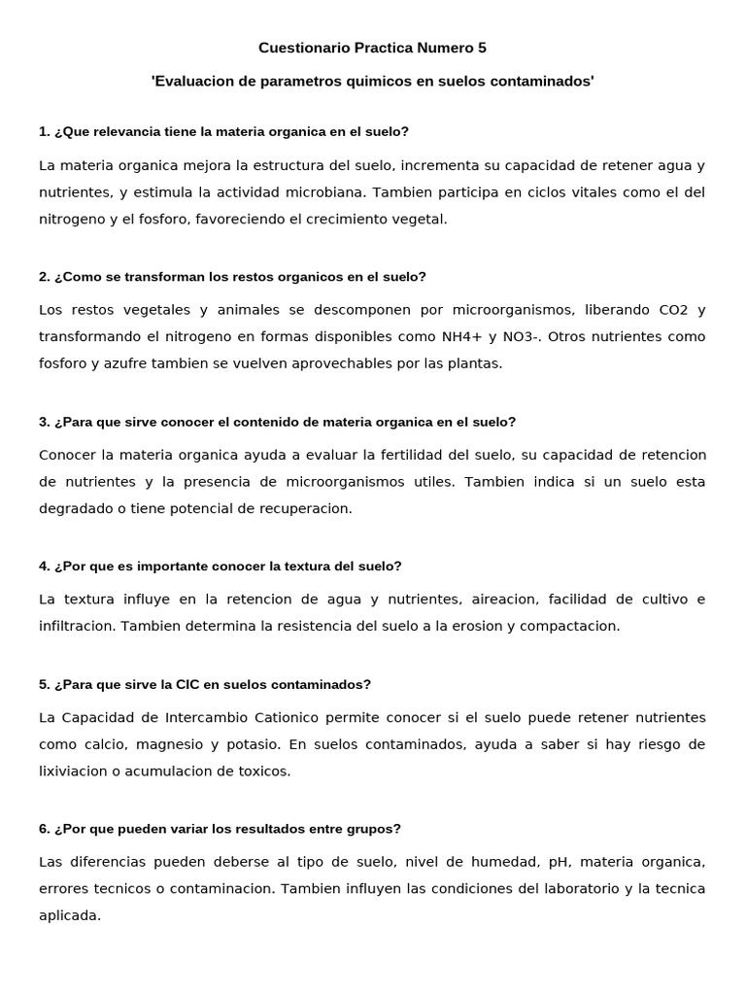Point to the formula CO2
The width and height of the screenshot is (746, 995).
point(672,310)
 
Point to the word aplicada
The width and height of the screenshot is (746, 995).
point(69,915)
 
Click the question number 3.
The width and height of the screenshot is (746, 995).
point(45,422)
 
